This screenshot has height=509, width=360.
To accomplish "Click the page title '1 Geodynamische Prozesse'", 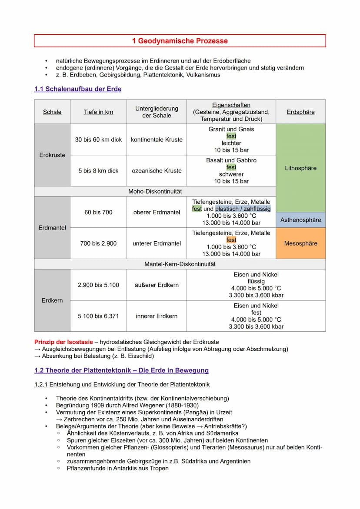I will tap(180, 41).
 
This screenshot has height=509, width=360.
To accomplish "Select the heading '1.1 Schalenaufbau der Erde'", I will tap(78, 89).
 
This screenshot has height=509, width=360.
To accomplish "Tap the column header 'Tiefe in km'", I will tap(98, 112).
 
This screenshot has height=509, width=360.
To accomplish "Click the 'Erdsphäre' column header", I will tap(300, 112).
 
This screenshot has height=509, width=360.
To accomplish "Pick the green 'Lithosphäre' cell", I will tap(300, 168).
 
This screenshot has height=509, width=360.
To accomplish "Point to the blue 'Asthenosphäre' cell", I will tap(300, 220).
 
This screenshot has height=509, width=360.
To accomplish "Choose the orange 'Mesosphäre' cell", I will tap(300, 243).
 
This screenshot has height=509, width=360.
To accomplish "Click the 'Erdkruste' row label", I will tap(52, 155).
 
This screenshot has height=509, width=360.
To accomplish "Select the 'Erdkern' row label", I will tap(52, 300).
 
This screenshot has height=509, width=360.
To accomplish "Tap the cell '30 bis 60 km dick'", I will tap(98, 140).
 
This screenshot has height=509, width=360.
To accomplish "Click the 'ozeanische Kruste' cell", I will tap(157, 171).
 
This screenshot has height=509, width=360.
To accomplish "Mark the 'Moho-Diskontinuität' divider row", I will tap(155, 192).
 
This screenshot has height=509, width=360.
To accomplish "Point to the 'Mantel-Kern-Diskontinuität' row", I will tap(180, 264).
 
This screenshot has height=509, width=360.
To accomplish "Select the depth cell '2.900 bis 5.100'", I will tap(98, 285).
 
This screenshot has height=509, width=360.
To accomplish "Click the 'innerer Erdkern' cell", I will tap(157, 316).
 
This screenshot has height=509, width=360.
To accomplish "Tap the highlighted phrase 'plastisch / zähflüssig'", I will tap(243, 209).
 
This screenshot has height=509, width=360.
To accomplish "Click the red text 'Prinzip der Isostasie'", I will tap(63, 342).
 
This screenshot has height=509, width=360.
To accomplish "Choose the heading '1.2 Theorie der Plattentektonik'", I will tap(121, 371).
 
